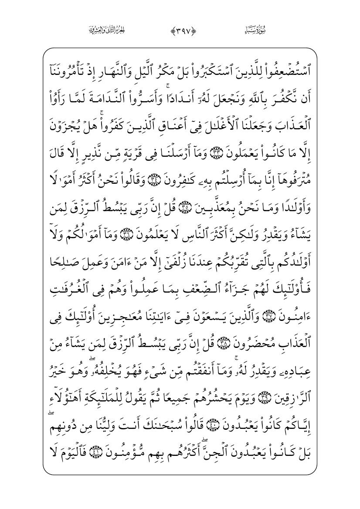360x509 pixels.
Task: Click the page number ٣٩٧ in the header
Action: click(180, 30)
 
